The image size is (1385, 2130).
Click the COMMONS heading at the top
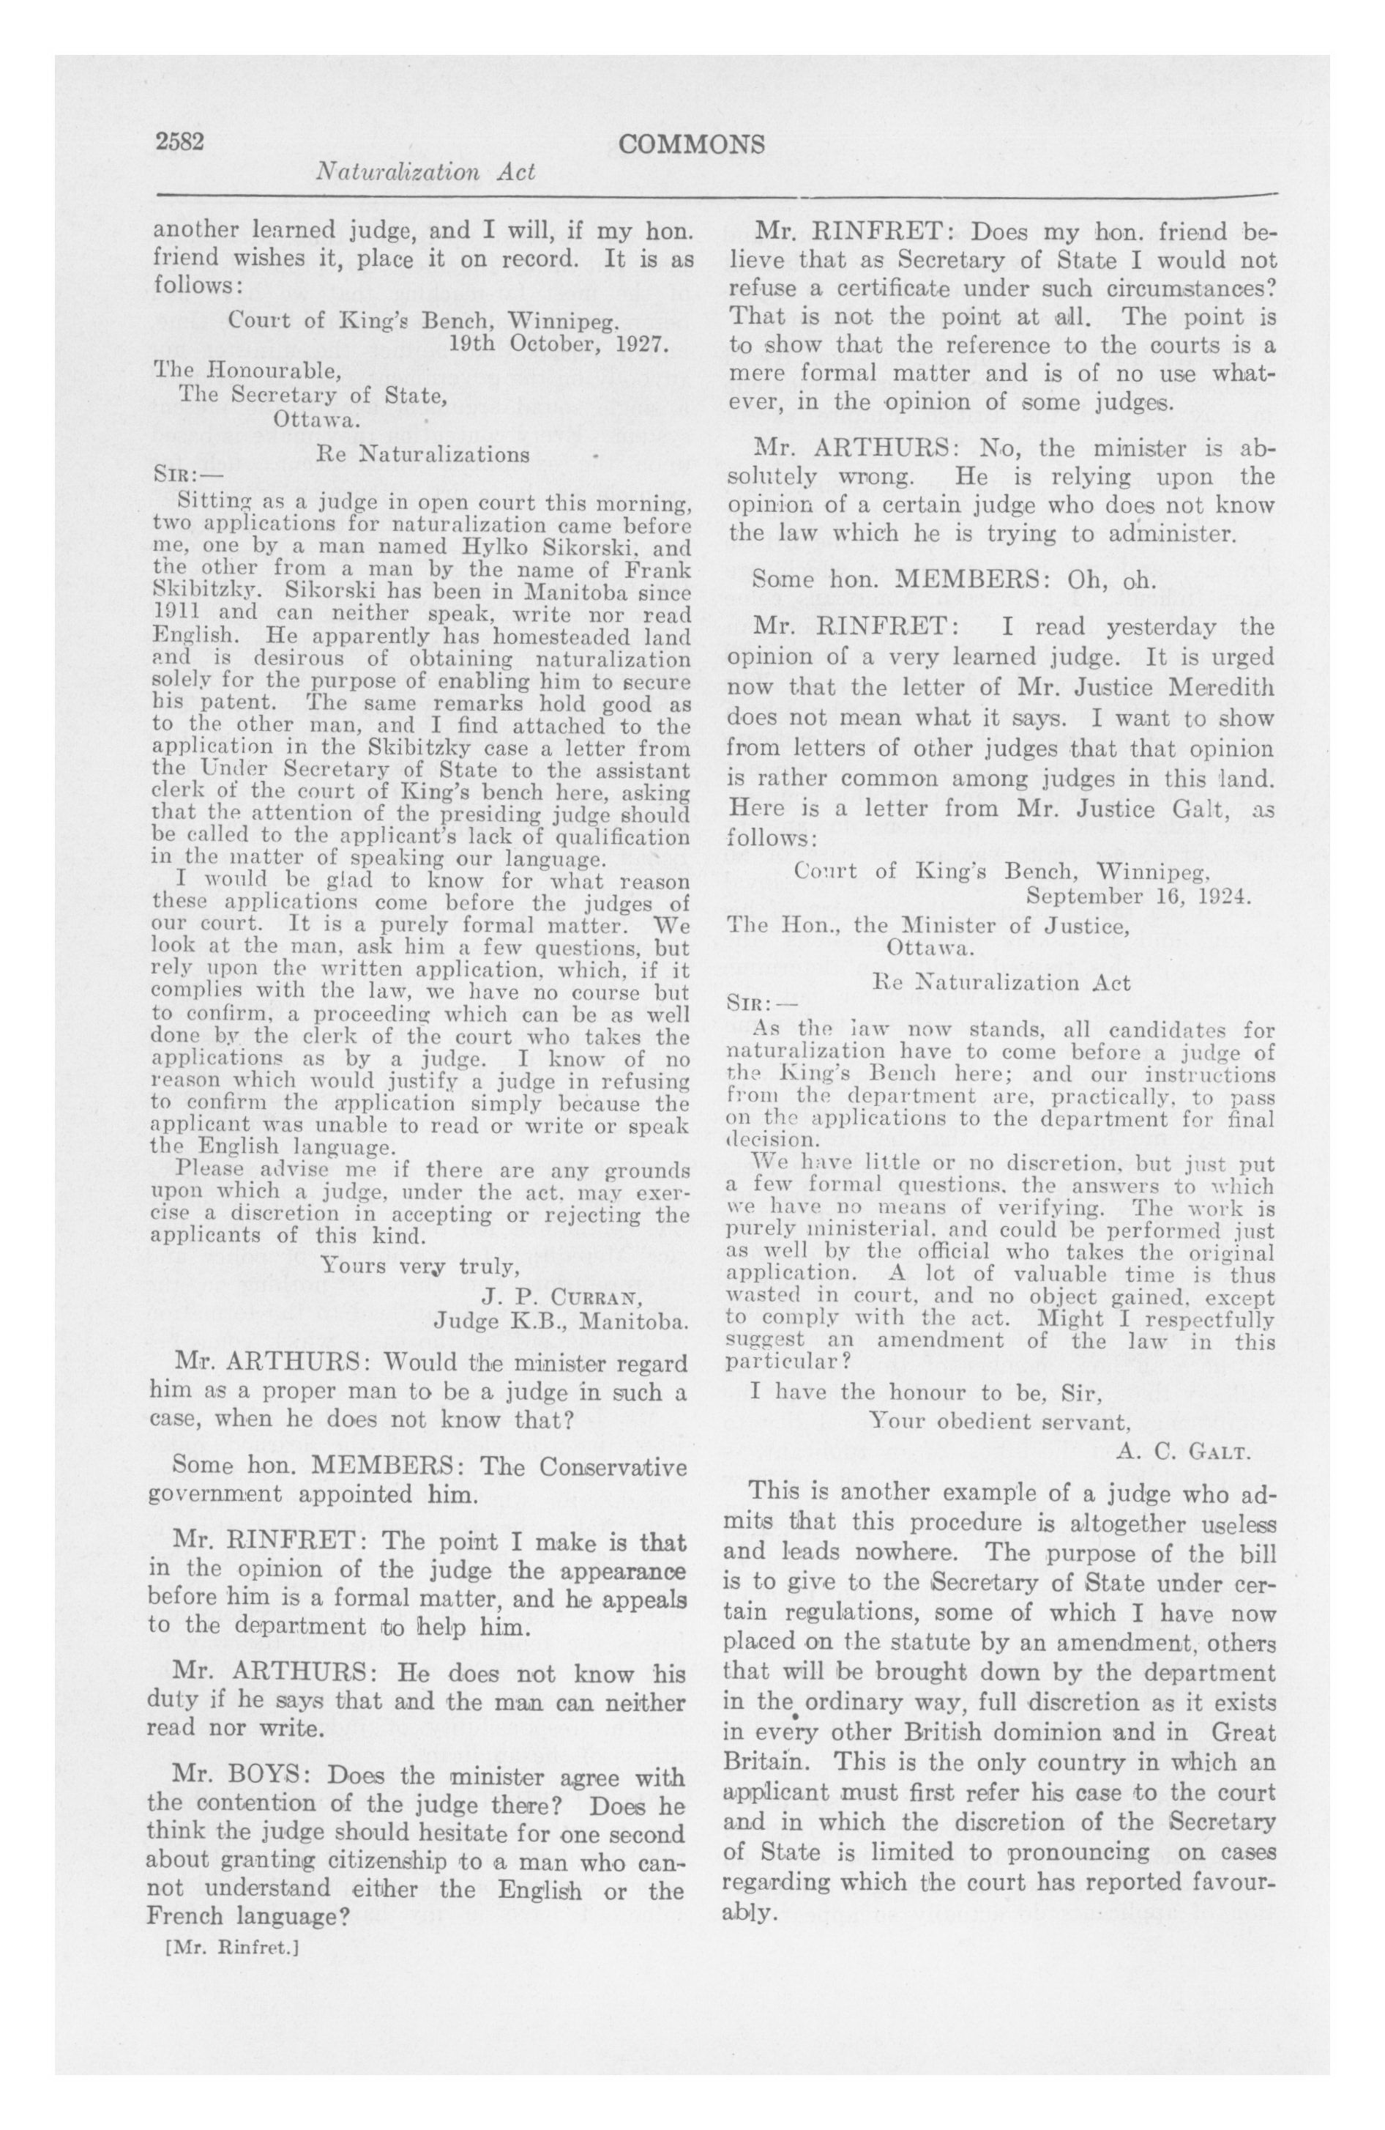[x=692, y=145]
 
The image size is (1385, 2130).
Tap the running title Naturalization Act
[x=425, y=172]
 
